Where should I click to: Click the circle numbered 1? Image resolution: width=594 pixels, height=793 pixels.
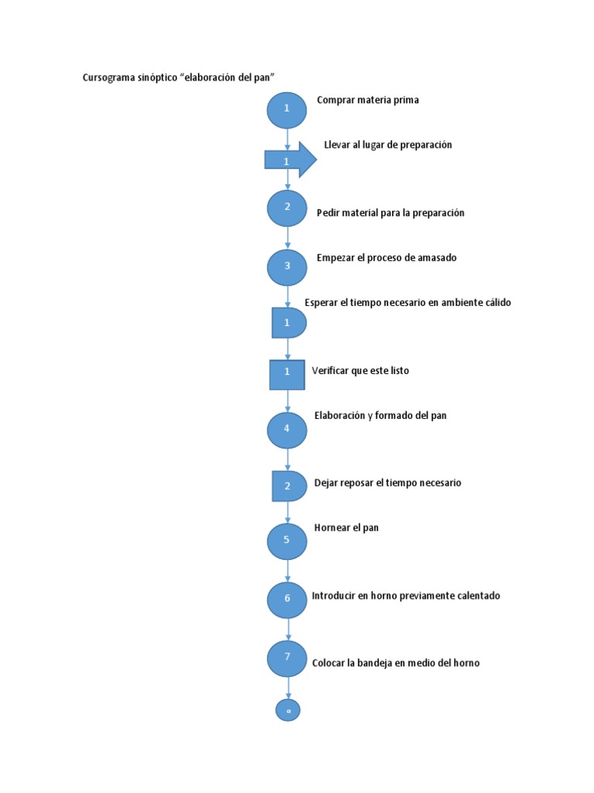click(287, 109)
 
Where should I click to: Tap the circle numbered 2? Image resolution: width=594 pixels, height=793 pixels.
click(287, 208)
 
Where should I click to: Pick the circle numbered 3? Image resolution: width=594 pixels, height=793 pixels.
click(287, 267)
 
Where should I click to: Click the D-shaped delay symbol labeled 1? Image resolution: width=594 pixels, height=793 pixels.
click(287, 322)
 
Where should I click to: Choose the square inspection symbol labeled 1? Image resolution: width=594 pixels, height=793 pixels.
click(287, 373)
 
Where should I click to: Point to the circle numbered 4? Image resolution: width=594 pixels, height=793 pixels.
click(287, 430)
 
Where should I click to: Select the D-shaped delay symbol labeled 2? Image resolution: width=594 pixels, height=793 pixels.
click(287, 486)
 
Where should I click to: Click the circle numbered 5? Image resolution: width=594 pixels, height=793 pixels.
click(287, 541)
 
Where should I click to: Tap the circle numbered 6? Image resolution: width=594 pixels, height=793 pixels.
click(287, 599)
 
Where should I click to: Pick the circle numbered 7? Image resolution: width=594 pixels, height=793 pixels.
click(287, 657)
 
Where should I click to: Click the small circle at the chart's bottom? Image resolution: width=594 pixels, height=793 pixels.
click(288, 709)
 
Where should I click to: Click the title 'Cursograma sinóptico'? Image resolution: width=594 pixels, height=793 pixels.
click(179, 77)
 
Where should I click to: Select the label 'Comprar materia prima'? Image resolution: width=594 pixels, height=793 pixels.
click(367, 100)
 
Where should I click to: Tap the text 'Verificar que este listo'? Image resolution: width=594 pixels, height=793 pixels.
click(360, 371)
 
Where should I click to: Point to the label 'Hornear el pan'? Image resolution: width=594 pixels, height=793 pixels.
click(346, 528)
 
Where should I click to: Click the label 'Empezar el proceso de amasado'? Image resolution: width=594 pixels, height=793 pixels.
click(387, 258)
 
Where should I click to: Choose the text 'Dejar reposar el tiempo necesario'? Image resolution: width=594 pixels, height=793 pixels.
click(387, 482)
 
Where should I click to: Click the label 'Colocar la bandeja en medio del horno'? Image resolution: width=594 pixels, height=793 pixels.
click(396, 663)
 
